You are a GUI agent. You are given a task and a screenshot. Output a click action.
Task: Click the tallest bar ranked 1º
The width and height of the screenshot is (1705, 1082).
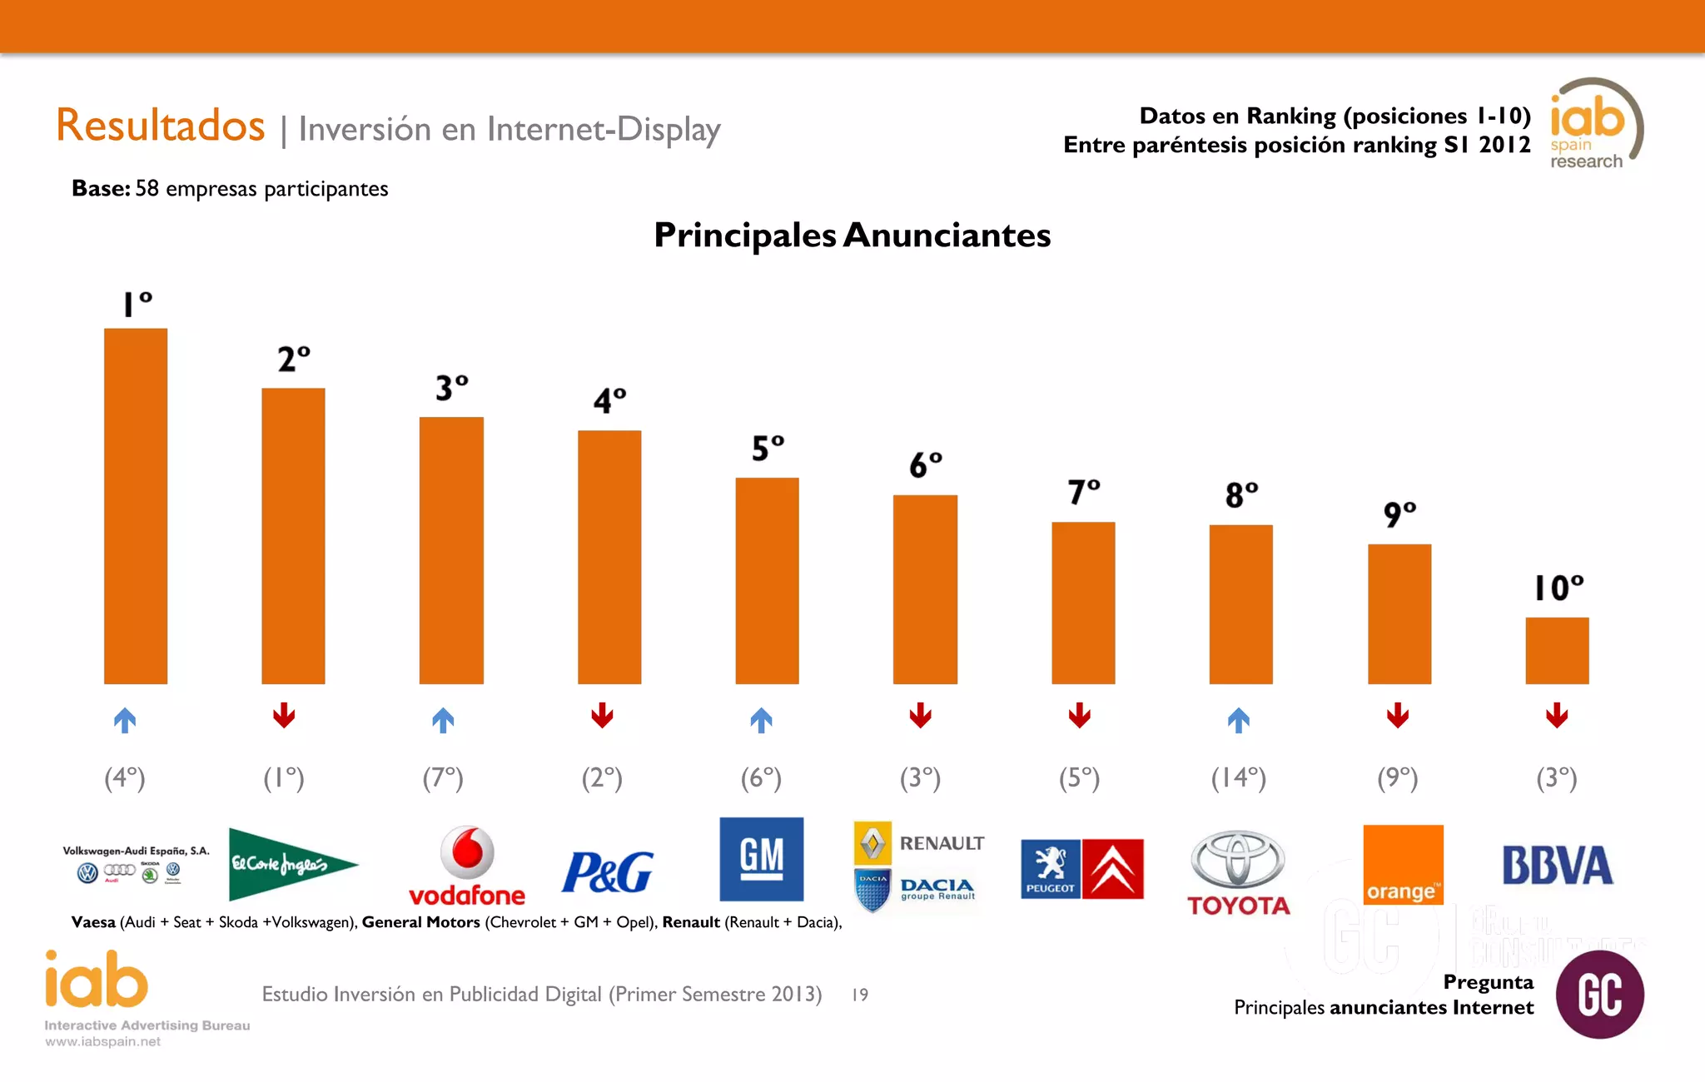[x=136, y=506]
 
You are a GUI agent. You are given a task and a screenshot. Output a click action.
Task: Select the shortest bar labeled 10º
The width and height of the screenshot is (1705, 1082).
[x=1557, y=650]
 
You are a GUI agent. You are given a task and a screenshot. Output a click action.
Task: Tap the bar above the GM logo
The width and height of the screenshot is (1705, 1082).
[x=767, y=580]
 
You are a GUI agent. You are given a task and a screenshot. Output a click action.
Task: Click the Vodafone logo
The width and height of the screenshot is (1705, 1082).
[x=467, y=866]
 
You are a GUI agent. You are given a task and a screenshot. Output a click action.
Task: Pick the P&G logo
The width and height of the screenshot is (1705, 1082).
[x=608, y=871]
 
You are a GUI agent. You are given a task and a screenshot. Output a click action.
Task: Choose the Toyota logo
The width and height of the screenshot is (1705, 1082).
[x=1238, y=872]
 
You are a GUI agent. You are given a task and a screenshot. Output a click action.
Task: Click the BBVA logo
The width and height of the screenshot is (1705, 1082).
[x=1557, y=866]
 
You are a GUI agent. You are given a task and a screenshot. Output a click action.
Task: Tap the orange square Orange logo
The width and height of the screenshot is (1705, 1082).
[x=1403, y=864]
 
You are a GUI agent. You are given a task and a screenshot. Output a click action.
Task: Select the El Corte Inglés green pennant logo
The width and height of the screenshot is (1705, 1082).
[x=291, y=864]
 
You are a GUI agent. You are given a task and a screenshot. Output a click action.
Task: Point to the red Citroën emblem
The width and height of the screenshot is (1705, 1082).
[x=1113, y=869]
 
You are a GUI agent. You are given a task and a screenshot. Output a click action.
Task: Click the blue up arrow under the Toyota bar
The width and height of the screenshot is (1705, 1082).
[x=1239, y=720]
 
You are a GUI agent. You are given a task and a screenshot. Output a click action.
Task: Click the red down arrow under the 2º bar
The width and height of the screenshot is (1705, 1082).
[x=284, y=715]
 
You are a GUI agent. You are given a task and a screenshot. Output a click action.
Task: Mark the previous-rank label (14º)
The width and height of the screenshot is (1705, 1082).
[x=1239, y=777]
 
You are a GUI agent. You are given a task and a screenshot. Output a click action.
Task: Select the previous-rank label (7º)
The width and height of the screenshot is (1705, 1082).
[x=443, y=777]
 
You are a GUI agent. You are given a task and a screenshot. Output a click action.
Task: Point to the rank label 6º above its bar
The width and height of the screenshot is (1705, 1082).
[x=925, y=464]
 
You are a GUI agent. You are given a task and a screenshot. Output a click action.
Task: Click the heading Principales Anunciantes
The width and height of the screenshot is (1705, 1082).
[x=852, y=235]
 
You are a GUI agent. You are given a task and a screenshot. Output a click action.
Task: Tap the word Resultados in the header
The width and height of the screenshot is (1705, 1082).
[x=160, y=126]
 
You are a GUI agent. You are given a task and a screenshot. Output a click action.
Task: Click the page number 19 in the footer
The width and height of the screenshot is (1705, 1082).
[x=860, y=995]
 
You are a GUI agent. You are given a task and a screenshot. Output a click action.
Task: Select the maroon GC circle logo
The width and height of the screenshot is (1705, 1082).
[x=1599, y=994]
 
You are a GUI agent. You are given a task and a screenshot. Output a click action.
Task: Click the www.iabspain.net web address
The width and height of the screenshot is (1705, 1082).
[x=102, y=1041]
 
